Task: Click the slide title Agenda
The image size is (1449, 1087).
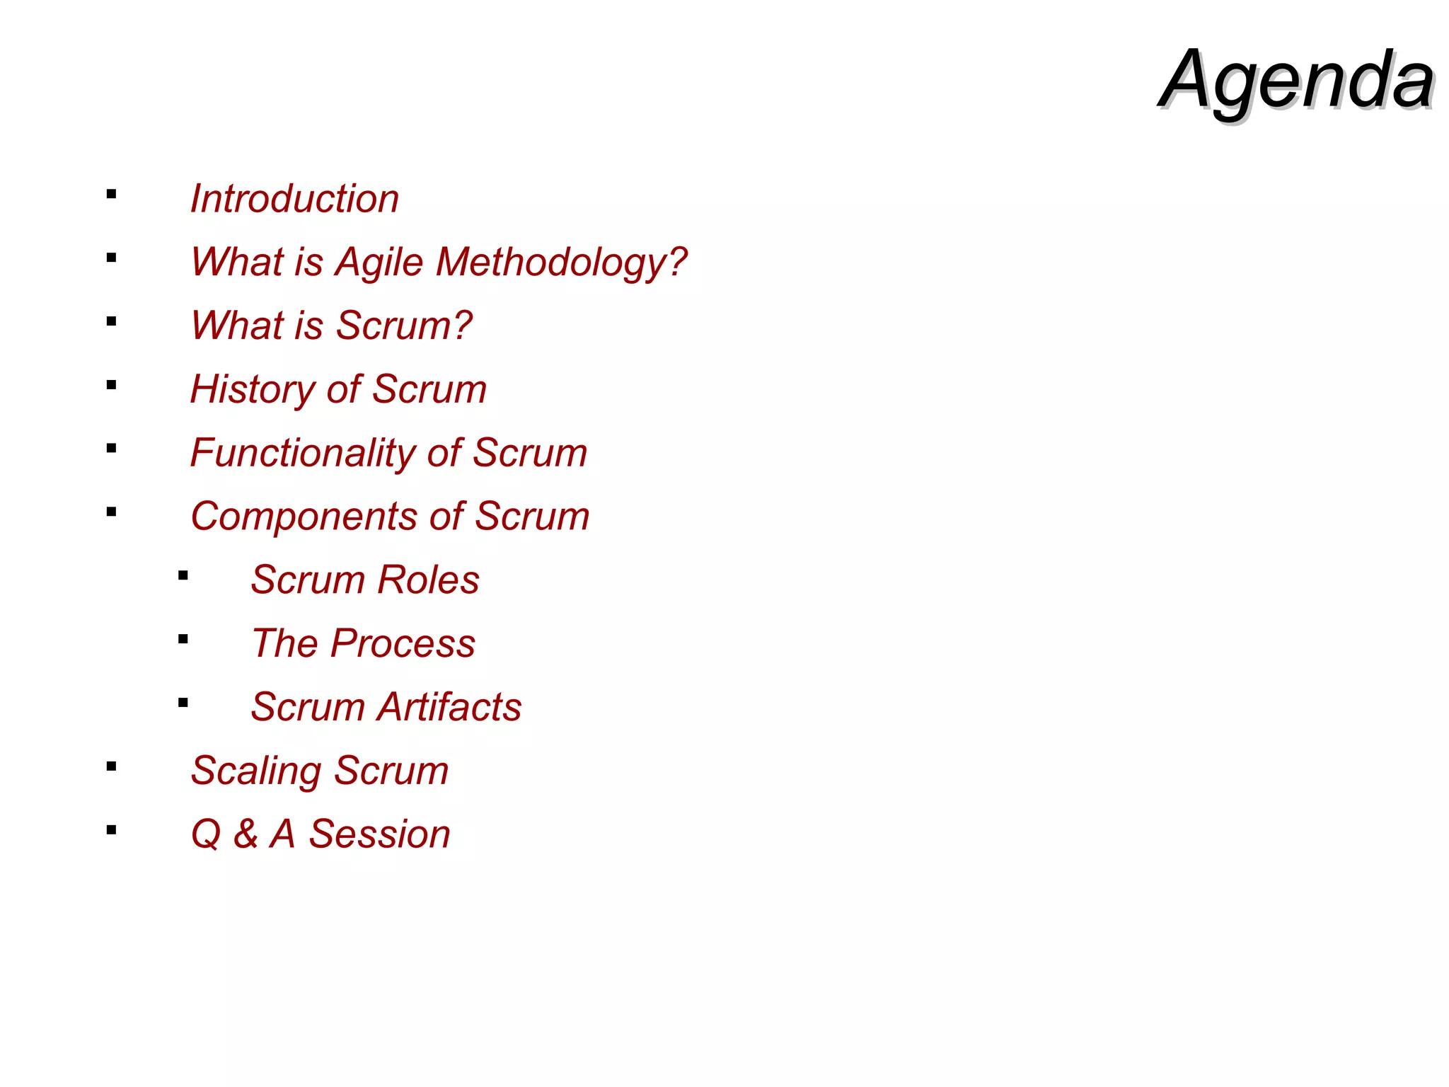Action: point(1296,79)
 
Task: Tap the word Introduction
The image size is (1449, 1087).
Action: point(294,199)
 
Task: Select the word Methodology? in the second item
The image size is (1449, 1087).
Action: point(561,263)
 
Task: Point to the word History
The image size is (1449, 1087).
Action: point(252,390)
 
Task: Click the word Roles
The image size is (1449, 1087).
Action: point(428,580)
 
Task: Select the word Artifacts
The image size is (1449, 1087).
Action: point(449,707)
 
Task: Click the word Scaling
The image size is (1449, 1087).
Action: point(255,771)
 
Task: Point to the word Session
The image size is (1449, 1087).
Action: point(379,834)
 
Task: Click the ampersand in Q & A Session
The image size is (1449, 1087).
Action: point(246,834)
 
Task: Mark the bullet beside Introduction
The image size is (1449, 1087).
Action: point(111,194)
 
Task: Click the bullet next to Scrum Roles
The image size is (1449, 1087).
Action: point(183,576)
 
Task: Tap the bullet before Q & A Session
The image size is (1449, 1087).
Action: point(111,830)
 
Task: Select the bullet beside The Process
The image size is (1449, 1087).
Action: point(183,640)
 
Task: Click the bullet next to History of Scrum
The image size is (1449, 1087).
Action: point(111,385)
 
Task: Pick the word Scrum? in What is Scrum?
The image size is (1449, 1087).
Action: point(403,326)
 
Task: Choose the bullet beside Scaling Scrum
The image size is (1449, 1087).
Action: point(111,766)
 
